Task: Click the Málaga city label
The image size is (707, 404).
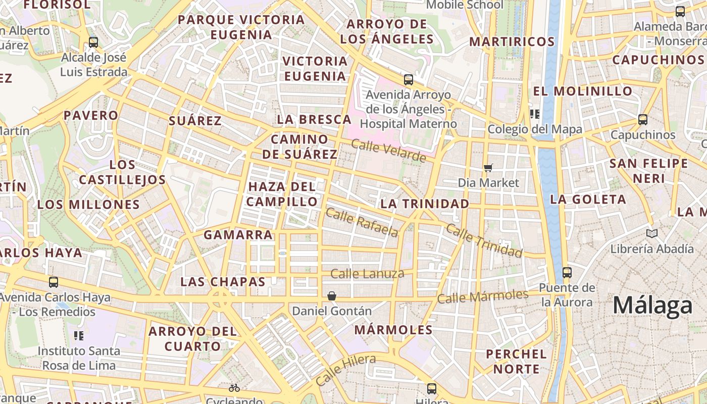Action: pos(652,306)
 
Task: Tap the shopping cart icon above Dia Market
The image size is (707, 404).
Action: pos(488,167)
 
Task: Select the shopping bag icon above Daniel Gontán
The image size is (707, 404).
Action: pos(332,296)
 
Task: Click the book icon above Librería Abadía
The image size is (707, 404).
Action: pos(652,233)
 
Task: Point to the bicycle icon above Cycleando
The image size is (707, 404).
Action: pos(234,388)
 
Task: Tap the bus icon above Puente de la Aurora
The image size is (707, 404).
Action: pos(567,273)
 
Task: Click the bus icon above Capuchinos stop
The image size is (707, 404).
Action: pos(642,120)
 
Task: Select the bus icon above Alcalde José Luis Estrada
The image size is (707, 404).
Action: pos(93,42)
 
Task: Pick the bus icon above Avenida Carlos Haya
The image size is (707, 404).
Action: pos(53,282)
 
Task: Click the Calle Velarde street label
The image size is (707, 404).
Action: pos(388,151)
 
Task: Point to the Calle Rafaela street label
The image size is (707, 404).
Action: pos(362,222)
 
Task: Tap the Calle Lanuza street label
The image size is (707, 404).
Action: pos(367,274)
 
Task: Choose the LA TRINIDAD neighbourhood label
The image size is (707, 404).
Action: pos(424,204)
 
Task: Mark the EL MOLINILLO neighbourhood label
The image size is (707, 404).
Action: pos(583,91)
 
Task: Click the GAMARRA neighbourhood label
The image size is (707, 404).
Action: pos(238,235)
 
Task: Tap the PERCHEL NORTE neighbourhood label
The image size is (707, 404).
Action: pos(516,362)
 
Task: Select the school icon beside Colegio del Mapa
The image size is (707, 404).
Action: pos(534,114)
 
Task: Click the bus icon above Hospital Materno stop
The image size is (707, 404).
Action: pos(408,80)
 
